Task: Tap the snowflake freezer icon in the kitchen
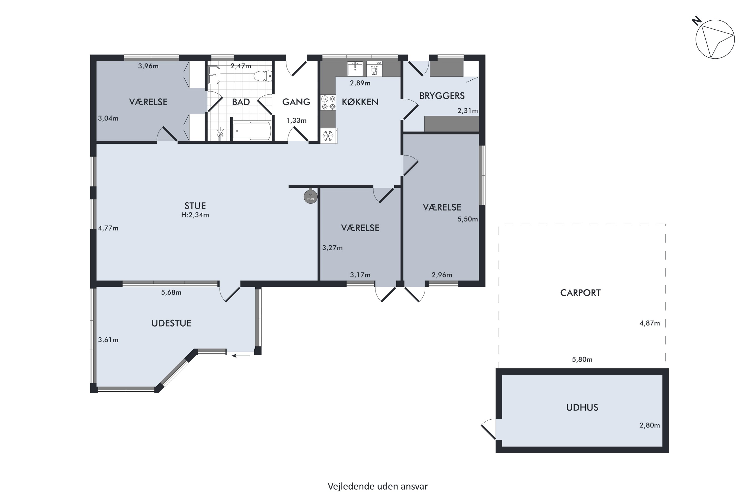click(328, 136)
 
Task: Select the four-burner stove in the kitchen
click(328, 102)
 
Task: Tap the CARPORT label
click(580, 293)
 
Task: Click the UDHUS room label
click(582, 407)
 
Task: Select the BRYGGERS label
click(442, 96)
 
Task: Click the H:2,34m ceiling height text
click(195, 215)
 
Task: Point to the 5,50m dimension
click(468, 219)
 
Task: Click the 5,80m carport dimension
click(582, 359)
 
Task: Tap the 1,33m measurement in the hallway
click(296, 120)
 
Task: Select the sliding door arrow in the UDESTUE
click(241, 356)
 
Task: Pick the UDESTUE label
click(171, 323)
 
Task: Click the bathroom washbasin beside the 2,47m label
click(214, 75)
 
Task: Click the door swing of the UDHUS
click(489, 428)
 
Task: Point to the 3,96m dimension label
click(148, 66)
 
